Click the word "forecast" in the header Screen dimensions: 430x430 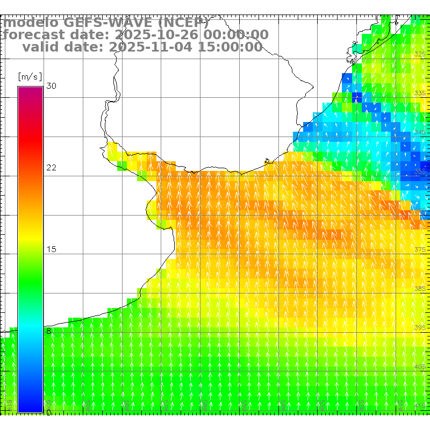pyautogui.click(x=32, y=35)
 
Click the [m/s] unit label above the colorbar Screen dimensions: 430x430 pyautogui.click(x=30, y=76)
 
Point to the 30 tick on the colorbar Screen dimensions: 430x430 pyautogui.click(x=52, y=86)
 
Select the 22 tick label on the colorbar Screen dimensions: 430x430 pyautogui.click(x=52, y=168)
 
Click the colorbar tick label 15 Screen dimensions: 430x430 pyautogui.click(x=52, y=249)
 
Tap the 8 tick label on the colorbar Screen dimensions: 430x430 pyautogui.click(x=49, y=331)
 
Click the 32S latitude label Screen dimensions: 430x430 pyautogui.click(x=420, y=54)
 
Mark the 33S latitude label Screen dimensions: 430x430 pyautogui.click(x=420, y=94)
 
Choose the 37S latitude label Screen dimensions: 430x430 pyautogui.click(x=420, y=249)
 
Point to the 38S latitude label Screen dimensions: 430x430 pyautogui.click(x=420, y=289)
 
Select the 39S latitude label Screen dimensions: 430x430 pyautogui.click(x=420, y=327)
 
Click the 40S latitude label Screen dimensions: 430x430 pyautogui.click(x=420, y=367)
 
